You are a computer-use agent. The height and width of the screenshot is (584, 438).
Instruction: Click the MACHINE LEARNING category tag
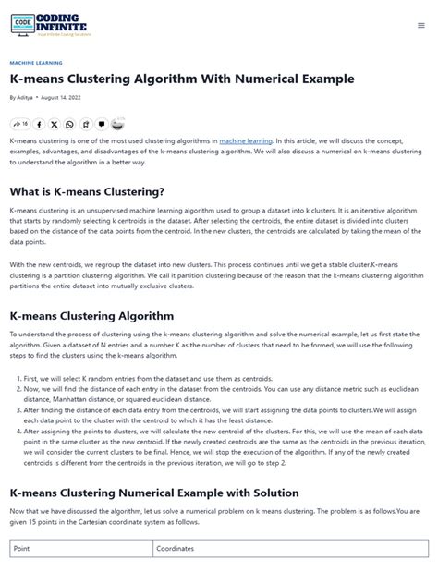(x=35, y=64)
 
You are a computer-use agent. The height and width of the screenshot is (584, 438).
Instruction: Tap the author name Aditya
(x=24, y=97)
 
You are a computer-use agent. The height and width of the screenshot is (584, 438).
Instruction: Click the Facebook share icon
(x=39, y=124)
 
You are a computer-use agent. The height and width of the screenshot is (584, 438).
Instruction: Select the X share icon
(x=55, y=124)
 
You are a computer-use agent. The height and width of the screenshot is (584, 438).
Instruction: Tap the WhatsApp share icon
(x=69, y=124)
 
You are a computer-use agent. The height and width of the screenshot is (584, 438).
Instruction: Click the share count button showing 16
(x=20, y=124)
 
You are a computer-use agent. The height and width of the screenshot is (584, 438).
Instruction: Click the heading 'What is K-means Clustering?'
(x=87, y=191)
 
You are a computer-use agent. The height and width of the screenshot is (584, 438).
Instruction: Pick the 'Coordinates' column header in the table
(x=175, y=548)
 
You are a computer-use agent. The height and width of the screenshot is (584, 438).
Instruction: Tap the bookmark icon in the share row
(x=86, y=124)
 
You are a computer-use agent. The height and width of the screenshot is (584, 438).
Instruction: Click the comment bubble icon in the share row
(x=102, y=124)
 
